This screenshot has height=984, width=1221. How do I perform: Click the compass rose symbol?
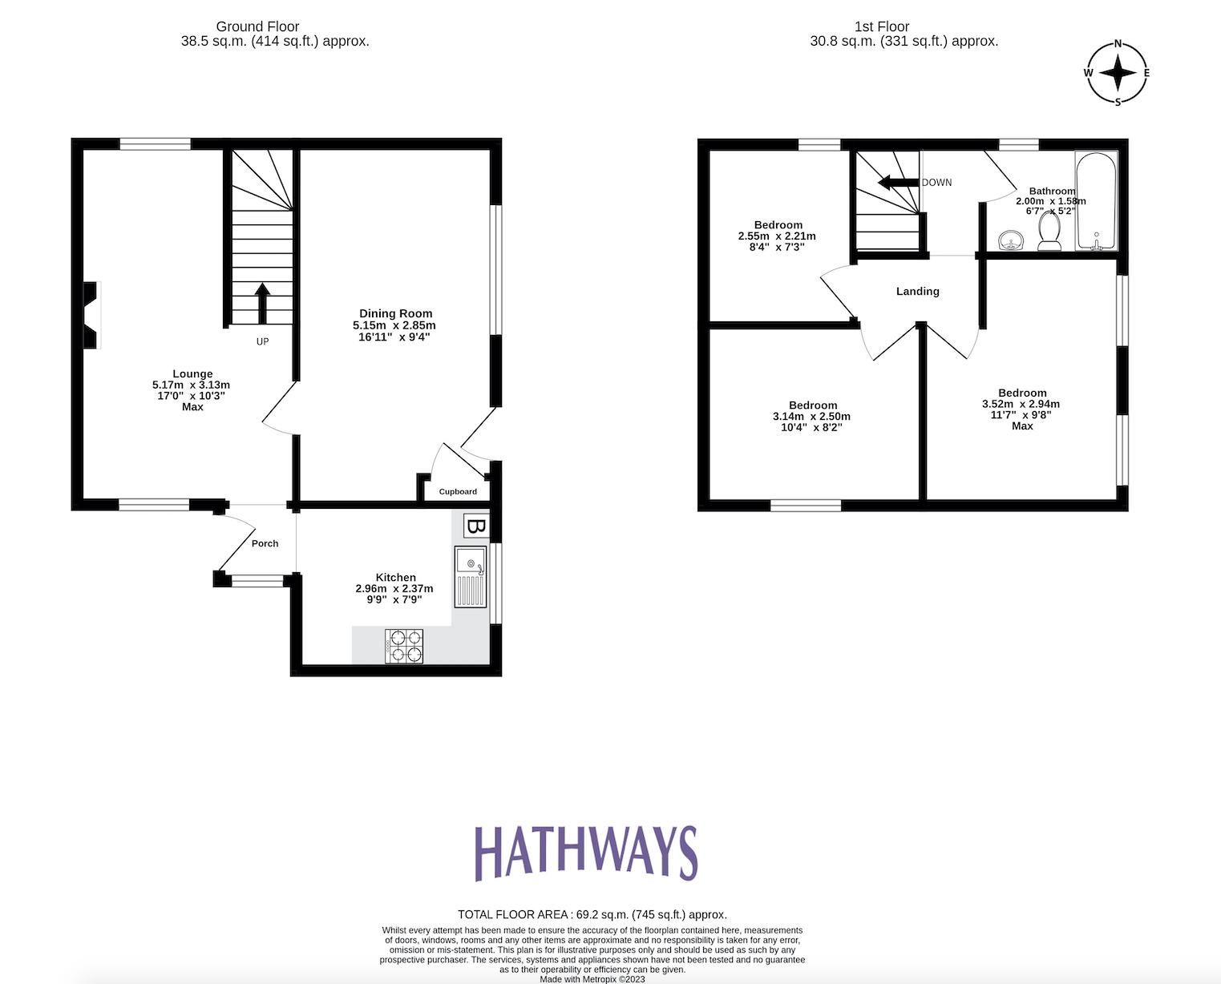click(x=1118, y=73)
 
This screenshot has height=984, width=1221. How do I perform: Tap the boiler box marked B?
click(x=476, y=526)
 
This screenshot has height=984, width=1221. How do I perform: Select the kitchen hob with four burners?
click(x=404, y=646)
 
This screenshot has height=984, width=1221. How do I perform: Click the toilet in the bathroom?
click(x=1049, y=235)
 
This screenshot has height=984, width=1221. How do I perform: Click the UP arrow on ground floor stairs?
click(x=261, y=303)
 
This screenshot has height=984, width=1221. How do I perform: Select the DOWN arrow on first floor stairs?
click(x=898, y=183)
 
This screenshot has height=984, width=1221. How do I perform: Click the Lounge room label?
click(x=192, y=373)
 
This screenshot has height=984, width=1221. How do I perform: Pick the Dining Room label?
click(x=395, y=313)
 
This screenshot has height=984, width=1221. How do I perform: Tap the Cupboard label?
click(x=458, y=491)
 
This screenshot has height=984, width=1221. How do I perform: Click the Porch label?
click(x=265, y=543)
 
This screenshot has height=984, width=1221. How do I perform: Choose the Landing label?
click(x=917, y=291)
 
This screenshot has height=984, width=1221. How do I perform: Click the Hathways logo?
click(x=586, y=853)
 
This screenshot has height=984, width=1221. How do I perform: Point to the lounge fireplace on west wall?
click(x=91, y=315)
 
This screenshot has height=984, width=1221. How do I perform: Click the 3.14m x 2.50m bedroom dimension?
click(x=811, y=417)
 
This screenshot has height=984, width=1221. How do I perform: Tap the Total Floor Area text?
click(x=592, y=914)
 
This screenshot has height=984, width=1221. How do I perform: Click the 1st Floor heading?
click(x=881, y=26)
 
